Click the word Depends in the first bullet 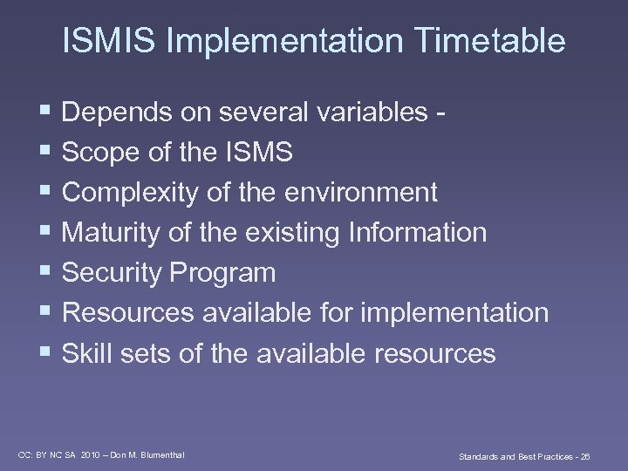117,113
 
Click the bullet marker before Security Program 46,273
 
